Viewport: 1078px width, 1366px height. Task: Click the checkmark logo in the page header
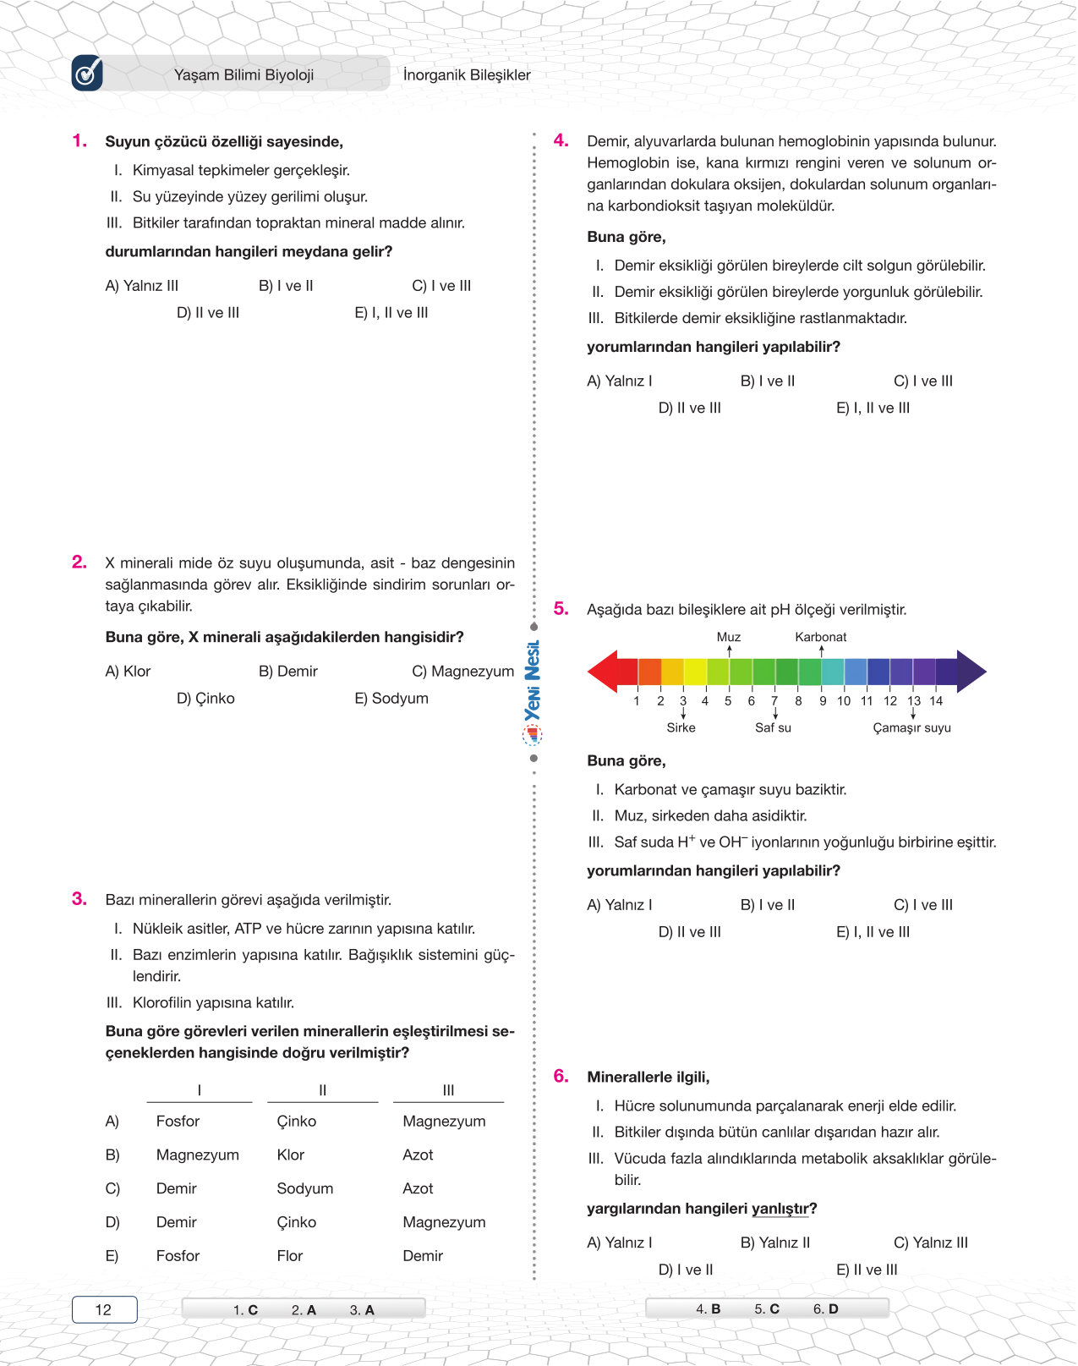pos(88,74)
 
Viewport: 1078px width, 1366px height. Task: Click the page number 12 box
pos(104,1309)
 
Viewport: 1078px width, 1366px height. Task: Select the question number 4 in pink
pos(561,140)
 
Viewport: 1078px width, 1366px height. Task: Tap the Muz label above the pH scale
pos(728,637)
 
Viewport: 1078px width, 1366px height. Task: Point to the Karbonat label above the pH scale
pos(820,637)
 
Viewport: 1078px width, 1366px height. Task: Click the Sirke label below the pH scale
pos(681,727)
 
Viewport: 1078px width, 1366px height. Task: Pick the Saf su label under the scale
pos(773,727)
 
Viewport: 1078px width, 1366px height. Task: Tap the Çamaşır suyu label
pos(911,727)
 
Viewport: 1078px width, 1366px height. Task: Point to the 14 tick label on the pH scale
pos(936,700)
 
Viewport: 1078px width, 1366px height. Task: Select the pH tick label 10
pos(844,700)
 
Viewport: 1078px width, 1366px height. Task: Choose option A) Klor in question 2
pos(128,672)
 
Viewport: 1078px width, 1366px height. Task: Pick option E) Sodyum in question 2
pos(391,699)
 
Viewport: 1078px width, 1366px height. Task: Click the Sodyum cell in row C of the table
pos(304,1188)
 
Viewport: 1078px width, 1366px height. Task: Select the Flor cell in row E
pos(289,1256)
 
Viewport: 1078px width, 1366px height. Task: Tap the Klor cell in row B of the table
pos(290,1155)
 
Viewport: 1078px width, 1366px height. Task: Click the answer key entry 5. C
pos(767,1308)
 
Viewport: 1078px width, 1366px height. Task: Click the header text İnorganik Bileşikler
pos(467,75)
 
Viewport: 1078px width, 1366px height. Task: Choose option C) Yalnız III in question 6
pos(930,1243)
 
